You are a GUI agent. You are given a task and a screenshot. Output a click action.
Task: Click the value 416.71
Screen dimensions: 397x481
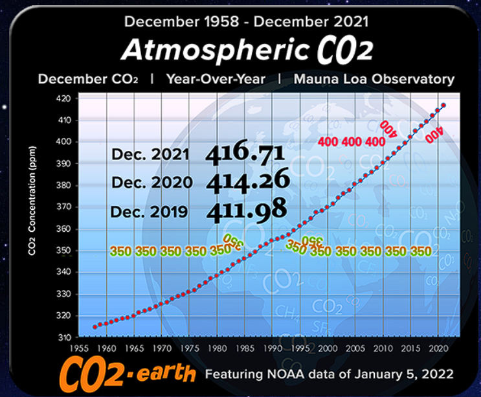[x=245, y=153]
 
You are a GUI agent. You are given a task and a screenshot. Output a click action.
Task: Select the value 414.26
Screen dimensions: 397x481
[x=248, y=181]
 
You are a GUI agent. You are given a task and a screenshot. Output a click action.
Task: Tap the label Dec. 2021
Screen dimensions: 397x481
[x=150, y=155]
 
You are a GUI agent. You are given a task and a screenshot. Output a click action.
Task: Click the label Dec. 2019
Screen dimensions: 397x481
[x=149, y=212]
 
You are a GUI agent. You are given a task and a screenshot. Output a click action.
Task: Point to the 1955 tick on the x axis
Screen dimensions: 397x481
[x=80, y=348]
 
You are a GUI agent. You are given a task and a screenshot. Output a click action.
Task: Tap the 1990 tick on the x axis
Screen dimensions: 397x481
[x=274, y=348]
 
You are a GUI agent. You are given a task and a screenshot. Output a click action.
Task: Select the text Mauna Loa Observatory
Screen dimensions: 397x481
[x=374, y=80]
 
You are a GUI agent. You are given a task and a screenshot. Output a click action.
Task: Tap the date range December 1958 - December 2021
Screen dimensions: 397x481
[x=246, y=21]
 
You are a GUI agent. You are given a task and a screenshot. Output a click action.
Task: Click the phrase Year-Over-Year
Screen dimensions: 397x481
[x=216, y=80]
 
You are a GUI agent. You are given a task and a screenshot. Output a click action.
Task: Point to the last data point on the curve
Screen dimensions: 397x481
[x=443, y=105]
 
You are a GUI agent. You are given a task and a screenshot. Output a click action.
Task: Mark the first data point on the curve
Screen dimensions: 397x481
[x=95, y=326]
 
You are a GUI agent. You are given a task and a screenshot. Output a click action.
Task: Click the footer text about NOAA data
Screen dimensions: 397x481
[x=330, y=374]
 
